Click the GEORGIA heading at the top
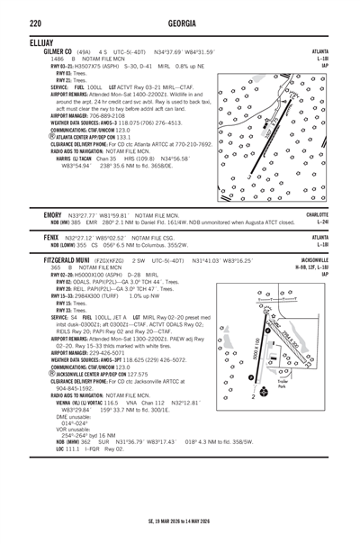pos(180,21)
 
